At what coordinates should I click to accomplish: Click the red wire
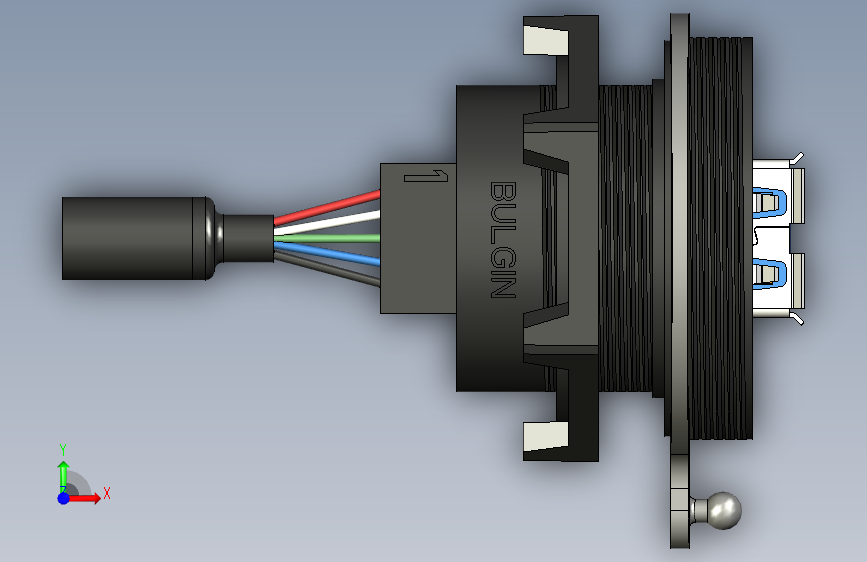coord(327,207)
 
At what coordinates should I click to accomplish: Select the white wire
coord(327,223)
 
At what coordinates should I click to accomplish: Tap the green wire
coord(327,238)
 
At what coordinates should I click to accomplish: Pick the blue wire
coord(327,253)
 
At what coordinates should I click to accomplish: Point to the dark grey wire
coord(327,269)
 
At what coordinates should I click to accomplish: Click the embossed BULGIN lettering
coord(503,240)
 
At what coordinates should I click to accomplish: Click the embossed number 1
coord(426,176)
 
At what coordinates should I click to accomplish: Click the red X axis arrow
coord(84,498)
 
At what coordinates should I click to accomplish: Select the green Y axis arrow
coord(64,476)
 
